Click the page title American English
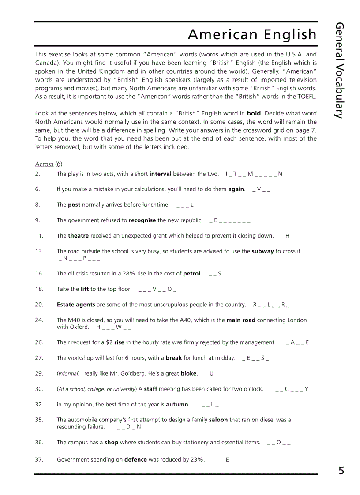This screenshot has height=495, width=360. [x=252, y=34]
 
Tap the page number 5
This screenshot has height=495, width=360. [x=341, y=471]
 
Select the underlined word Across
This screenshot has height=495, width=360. [x=44, y=164]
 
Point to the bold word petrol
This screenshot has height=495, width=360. [x=192, y=273]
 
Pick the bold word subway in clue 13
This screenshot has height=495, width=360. [x=262, y=251]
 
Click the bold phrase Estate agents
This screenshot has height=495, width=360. [x=76, y=305]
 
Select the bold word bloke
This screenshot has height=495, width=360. [x=188, y=373]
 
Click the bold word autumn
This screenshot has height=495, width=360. [x=177, y=404]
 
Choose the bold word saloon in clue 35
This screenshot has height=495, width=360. [x=218, y=420]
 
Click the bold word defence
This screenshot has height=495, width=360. [x=135, y=459]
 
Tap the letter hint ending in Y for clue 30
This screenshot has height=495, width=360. [x=292, y=389]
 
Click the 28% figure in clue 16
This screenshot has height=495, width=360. [x=128, y=273]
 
